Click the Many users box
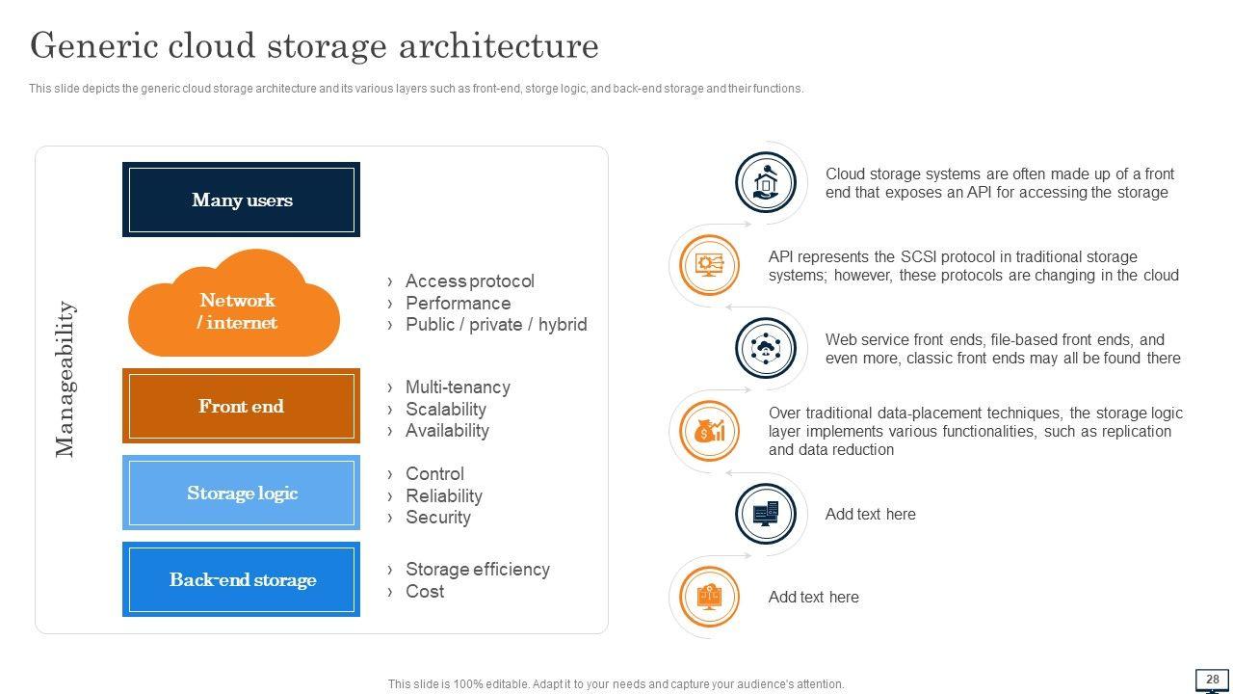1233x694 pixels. click(x=241, y=200)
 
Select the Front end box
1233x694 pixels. click(x=241, y=406)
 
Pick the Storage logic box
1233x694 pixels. click(x=241, y=493)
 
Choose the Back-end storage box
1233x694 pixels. click(x=241, y=579)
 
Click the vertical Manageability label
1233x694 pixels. click(x=65, y=379)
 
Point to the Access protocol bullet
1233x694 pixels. click(x=469, y=281)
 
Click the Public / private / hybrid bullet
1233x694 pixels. click(x=495, y=325)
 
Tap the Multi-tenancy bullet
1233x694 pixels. click(x=458, y=387)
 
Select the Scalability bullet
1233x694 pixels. click(x=445, y=409)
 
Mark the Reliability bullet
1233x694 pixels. click(x=443, y=495)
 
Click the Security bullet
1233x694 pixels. click(x=437, y=518)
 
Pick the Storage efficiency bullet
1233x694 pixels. click(x=477, y=570)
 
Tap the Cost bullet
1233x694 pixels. click(x=424, y=592)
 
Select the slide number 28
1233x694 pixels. click(x=1212, y=679)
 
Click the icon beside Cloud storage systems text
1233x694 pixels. click(x=765, y=182)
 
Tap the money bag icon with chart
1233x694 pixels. click(x=709, y=431)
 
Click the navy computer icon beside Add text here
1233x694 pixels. click(x=765, y=514)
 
